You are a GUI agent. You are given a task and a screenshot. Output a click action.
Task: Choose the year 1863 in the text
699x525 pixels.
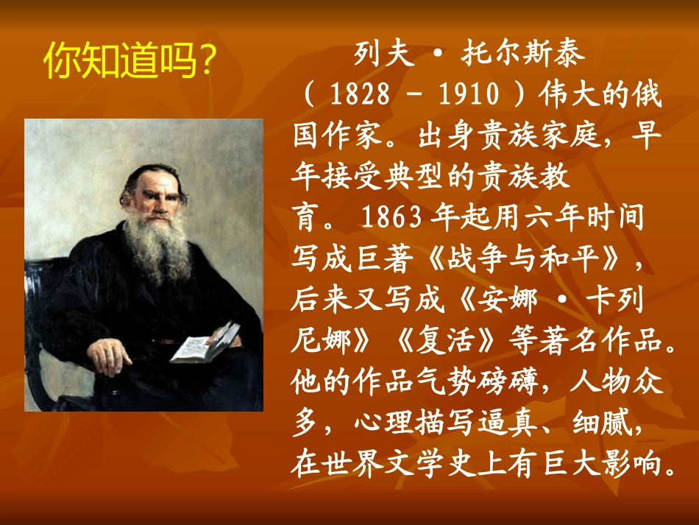390,218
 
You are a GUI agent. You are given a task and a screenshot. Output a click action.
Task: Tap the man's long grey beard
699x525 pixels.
157,250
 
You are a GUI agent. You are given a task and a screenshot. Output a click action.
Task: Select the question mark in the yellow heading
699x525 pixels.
207,62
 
